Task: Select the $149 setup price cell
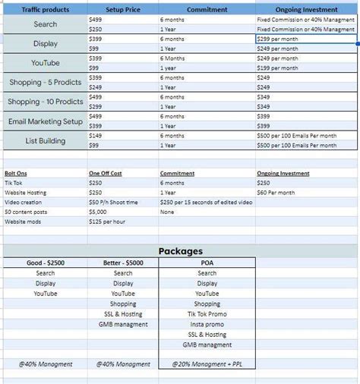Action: [96, 136]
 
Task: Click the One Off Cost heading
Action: [106, 173]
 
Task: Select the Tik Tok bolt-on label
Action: [14, 183]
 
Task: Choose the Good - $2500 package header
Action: [45, 263]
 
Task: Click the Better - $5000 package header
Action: [123, 263]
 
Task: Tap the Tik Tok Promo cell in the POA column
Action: [207, 314]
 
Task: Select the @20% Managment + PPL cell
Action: [207, 364]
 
